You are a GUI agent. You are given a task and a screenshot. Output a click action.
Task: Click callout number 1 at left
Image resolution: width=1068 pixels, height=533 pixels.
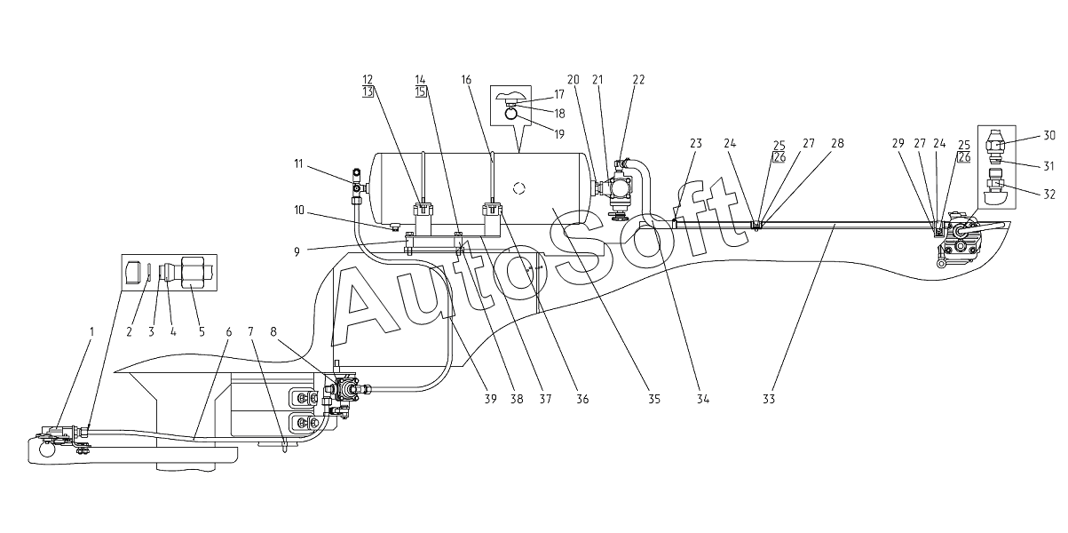coord(91,332)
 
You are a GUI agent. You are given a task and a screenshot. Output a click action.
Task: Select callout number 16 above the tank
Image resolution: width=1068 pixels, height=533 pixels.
coord(466,79)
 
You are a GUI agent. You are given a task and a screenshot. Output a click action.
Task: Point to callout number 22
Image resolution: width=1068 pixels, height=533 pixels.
coord(639,79)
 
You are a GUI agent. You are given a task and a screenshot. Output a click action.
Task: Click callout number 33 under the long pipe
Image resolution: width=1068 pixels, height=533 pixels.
coord(769,400)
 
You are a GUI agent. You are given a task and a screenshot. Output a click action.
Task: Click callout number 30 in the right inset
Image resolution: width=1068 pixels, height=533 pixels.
coord(1049,135)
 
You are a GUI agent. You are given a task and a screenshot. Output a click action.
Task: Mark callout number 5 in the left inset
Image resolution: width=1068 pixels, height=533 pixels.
coord(202,332)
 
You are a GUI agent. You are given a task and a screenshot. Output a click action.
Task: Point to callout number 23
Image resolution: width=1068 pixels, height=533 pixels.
coord(695,143)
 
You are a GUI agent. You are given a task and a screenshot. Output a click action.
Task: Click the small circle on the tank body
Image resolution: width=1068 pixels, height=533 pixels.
coord(521,188)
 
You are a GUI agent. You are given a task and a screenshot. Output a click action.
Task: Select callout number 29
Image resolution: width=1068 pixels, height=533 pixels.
coord(898,143)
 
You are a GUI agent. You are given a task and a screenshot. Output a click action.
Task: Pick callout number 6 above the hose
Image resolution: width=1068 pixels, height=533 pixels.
coord(228,332)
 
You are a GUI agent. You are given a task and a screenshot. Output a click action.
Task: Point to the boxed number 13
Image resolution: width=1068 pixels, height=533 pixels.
coord(368,91)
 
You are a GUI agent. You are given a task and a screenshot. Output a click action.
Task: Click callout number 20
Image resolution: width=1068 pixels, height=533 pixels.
coord(574,79)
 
